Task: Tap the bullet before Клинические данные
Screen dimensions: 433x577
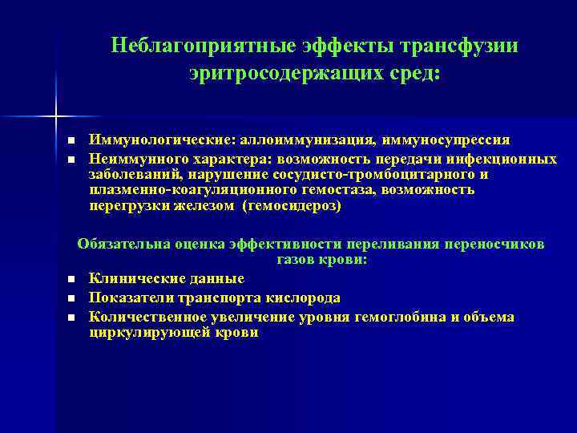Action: click(71, 279)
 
